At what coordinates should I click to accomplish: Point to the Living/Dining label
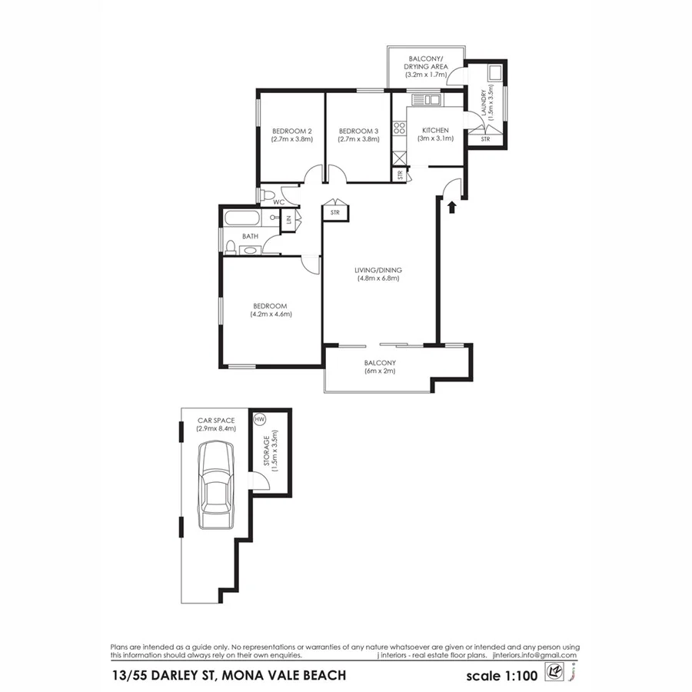[378, 271]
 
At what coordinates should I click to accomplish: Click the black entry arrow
[452, 205]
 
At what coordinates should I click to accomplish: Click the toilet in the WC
[268, 194]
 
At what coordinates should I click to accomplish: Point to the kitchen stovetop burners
[400, 129]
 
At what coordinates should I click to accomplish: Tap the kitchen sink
[424, 99]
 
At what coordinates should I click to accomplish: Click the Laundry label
[484, 104]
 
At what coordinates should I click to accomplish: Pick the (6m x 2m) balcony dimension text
[380, 372]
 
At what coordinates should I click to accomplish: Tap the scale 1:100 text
[501, 676]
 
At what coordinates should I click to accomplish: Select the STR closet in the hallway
[335, 211]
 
